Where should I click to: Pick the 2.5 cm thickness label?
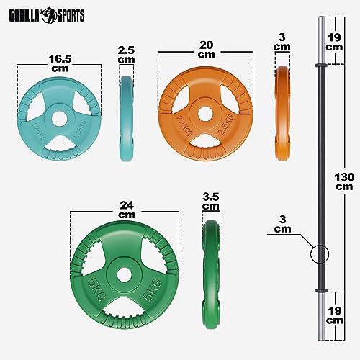point(126,54)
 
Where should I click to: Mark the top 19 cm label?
point(333,40)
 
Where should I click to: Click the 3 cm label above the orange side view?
point(283,42)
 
